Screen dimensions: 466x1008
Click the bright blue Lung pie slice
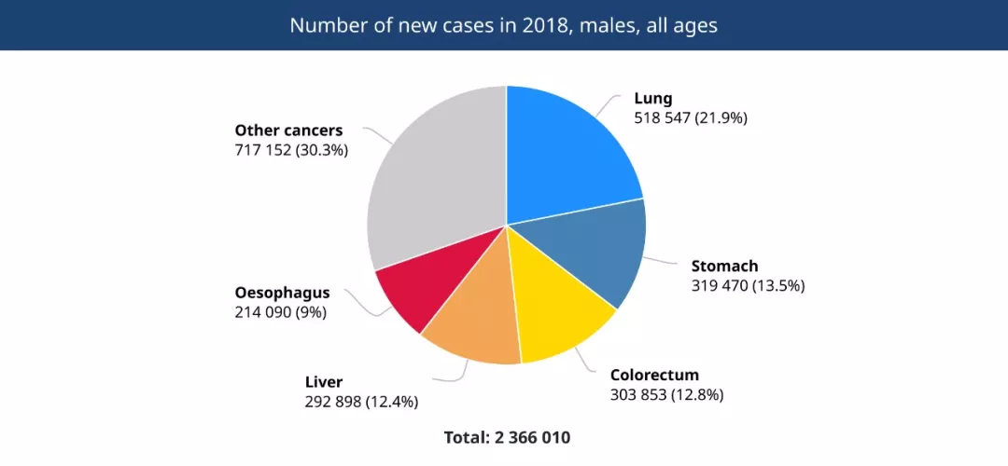point(565,154)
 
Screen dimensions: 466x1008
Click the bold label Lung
point(653,98)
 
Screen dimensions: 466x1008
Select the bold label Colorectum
point(654,375)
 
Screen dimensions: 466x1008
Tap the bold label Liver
point(324,382)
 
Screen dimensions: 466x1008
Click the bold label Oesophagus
point(282,293)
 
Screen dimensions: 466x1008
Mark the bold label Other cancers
point(288,130)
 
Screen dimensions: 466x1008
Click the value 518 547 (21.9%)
point(691,118)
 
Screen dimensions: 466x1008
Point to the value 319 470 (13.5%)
point(748,286)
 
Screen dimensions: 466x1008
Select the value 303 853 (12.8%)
point(666,394)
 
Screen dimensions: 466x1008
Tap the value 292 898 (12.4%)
point(361,402)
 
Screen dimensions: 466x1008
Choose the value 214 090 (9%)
point(280,312)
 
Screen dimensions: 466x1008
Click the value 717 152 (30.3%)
point(291,150)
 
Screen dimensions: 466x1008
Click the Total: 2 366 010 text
point(507,437)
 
